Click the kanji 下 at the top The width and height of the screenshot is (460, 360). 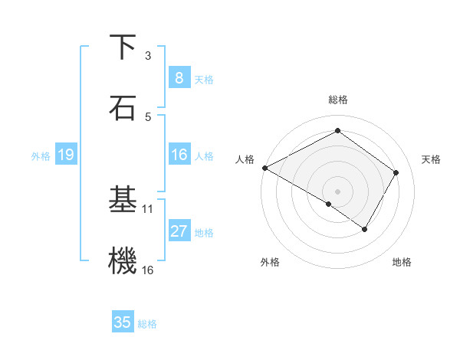click(x=123, y=47)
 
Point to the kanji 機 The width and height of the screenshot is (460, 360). click(x=123, y=260)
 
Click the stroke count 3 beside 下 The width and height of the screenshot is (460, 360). click(x=148, y=55)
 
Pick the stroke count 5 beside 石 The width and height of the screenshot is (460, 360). click(x=148, y=116)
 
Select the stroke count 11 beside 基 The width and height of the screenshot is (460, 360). click(x=148, y=208)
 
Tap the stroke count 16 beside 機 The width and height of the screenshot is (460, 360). click(x=148, y=269)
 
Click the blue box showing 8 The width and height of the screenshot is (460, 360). click(x=179, y=77)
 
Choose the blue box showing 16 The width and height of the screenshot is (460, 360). click(x=179, y=155)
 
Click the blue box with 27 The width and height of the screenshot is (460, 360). click(x=179, y=231)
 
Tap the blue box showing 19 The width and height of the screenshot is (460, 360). click(x=65, y=155)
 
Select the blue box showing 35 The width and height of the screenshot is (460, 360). click(x=122, y=322)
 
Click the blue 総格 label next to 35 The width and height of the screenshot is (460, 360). click(x=147, y=324)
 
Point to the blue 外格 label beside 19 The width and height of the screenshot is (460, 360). click(x=41, y=155)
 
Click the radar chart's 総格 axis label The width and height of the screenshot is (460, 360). click(x=337, y=100)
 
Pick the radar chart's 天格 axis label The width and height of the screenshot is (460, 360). click(x=431, y=159)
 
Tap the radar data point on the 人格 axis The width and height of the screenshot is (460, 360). click(x=264, y=167)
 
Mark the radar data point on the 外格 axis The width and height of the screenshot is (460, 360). click(x=329, y=204)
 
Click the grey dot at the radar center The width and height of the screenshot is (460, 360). click(x=337, y=191)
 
